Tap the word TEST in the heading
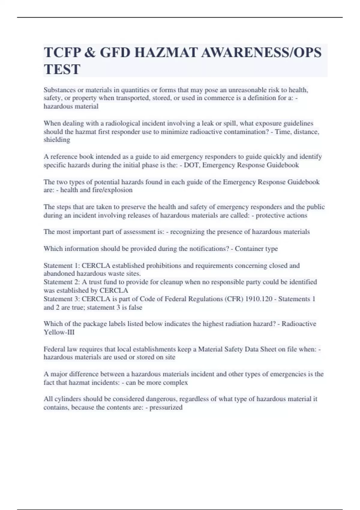coord(62,70)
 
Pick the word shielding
coord(57,140)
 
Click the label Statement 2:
coord(61,282)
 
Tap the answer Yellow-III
coord(59,332)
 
